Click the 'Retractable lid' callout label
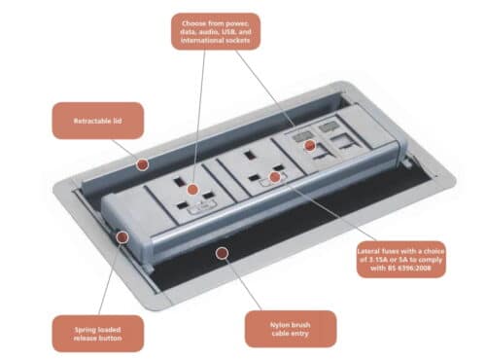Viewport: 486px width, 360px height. click(x=98, y=123)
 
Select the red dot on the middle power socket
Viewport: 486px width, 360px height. click(x=275, y=177)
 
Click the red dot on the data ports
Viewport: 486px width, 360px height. click(x=310, y=147)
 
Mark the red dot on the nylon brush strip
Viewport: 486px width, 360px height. click(x=223, y=253)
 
